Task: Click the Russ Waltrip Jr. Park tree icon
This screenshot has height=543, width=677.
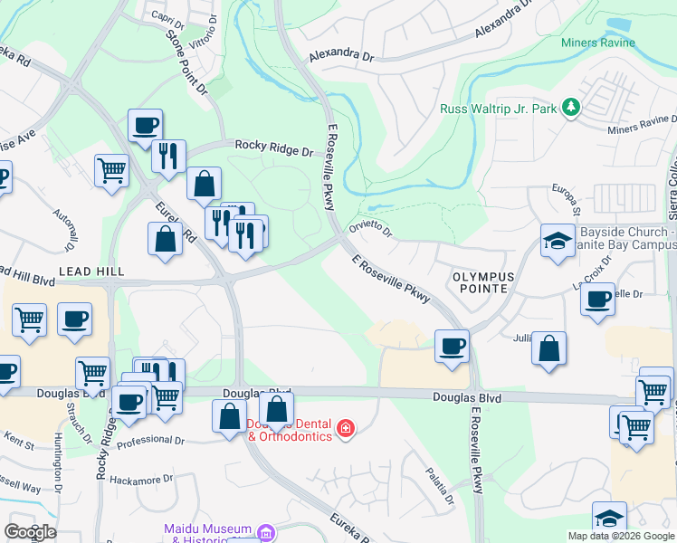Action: [x=570, y=109]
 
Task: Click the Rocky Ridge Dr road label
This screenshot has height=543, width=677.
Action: [x=273, y=145]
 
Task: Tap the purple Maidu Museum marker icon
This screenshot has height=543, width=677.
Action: [x=264, y=531]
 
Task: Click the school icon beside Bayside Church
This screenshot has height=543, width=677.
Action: [x=558, y=242]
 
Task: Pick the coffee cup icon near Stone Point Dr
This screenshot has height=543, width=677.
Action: [x=144, y=126]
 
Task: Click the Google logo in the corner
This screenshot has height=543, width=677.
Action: [x=30, y=531]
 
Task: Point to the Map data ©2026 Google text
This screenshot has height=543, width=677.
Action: [x=620, y=536]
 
